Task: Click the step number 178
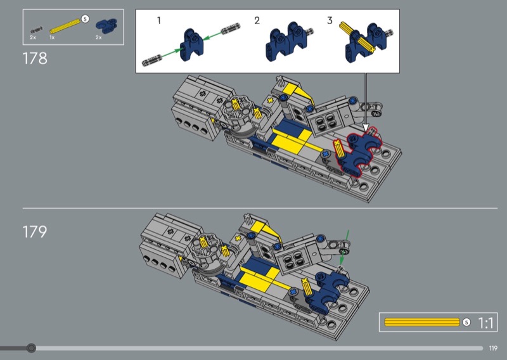35,58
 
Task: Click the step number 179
35,231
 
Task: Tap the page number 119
493,348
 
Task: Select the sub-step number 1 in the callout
159,21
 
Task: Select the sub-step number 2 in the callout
257,21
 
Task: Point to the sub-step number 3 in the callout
330,21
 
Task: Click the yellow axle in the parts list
65,27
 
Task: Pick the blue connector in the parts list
106,26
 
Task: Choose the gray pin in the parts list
37,30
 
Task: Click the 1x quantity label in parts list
52,37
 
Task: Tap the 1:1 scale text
485,323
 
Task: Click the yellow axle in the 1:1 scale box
422,322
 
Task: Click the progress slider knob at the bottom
31,348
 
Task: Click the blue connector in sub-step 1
191,44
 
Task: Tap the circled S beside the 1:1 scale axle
466,322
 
